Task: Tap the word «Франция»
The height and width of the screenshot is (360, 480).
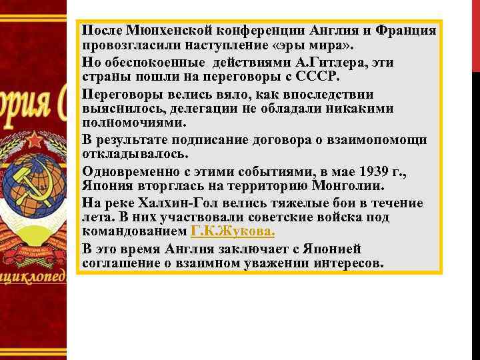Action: click(406, 31)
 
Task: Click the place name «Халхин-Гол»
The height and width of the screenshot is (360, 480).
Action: click(194, 203)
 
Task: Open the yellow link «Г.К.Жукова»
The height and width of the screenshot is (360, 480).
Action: click(232, 232)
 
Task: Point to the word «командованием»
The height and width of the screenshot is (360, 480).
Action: click(134, 232)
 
